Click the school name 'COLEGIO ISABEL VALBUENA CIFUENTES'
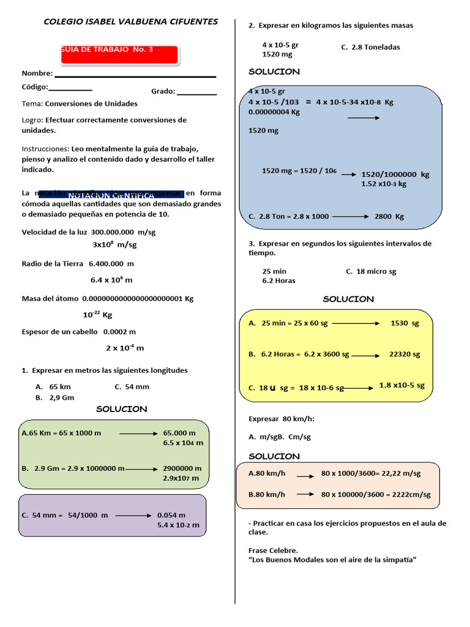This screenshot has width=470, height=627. point(130,21)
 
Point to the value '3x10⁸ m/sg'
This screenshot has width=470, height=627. point(114,244)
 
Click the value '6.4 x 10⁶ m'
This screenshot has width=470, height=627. point(111,280)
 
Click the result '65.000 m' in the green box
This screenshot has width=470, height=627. point(179,433)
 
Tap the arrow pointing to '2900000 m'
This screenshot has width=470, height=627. point(142,469)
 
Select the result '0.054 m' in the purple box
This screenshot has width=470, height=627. point(171,515)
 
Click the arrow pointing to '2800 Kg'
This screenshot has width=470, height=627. point(351,216)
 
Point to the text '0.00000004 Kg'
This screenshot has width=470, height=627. point(274,112)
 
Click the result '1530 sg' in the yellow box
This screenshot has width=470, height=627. point(405,323)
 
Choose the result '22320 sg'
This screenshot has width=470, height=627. point(405,354)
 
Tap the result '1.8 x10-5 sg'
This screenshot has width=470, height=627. point(402,385)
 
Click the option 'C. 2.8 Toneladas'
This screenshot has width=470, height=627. point(370,47)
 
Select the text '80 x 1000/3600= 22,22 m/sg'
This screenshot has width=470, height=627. point(371,473)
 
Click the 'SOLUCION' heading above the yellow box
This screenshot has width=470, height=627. point(348,299)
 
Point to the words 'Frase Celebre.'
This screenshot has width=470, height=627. point(274,550)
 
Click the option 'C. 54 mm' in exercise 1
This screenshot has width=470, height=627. point(132,386)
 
